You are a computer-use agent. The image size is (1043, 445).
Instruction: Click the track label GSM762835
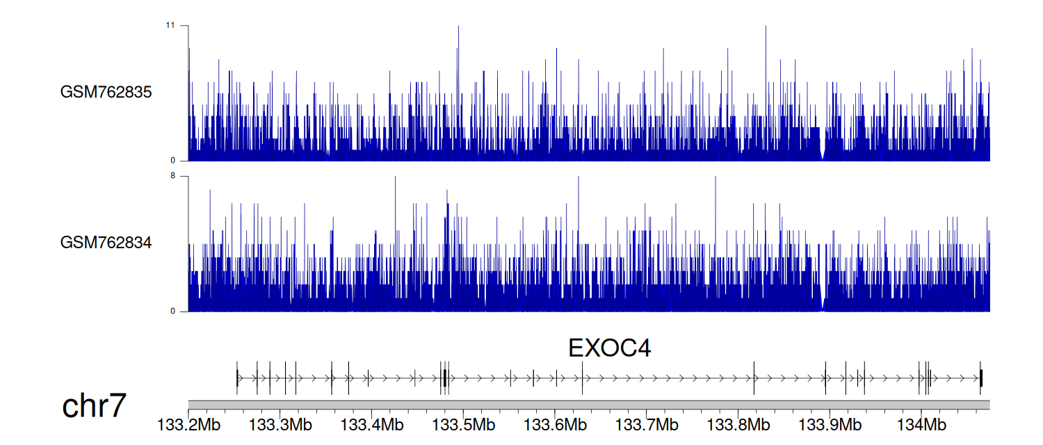106,92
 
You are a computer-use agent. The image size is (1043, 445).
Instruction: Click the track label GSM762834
106,243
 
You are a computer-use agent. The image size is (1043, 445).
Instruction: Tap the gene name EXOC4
609,348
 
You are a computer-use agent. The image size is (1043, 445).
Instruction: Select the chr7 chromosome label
94,405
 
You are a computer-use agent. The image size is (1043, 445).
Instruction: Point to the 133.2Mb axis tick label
188,425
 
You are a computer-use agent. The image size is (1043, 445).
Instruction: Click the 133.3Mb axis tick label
280,425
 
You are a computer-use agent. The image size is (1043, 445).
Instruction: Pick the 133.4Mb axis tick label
372,425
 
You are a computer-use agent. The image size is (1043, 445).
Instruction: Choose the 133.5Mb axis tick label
464,425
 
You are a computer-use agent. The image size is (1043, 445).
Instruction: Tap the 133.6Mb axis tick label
555,425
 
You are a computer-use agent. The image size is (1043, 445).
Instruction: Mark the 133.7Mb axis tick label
647,425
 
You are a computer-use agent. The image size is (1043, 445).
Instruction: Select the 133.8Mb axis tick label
738,425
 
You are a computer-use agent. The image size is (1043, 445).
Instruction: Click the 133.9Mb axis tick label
830,425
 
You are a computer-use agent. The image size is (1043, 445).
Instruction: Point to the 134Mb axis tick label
921,425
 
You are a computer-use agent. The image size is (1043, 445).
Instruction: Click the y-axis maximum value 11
170,25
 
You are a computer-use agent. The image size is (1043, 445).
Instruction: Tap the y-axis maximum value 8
172,176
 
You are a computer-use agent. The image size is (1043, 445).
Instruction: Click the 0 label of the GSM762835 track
172,161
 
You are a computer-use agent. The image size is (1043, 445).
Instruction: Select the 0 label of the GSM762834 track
172,311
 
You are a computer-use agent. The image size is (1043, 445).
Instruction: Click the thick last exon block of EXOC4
981,378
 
